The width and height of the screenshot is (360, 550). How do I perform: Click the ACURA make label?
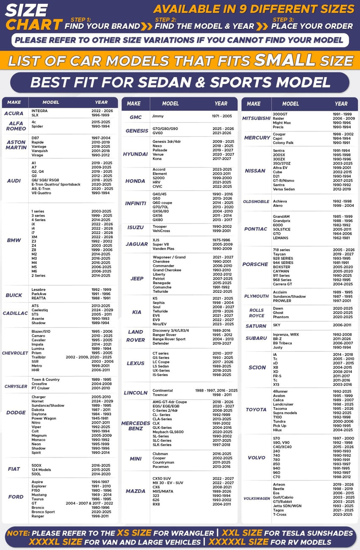coord(14,113)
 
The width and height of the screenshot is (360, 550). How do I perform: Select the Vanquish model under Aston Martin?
coord(40,151)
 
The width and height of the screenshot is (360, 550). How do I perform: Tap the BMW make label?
coord(14,240)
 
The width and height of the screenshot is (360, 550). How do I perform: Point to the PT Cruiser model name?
coord(40,388)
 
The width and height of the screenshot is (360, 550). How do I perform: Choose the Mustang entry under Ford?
coord(39,494)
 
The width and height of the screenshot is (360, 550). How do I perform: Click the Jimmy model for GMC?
coord(158,116)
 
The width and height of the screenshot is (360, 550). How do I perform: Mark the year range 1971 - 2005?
coord(222,116)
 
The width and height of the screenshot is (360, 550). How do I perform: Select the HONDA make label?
coord(135,181)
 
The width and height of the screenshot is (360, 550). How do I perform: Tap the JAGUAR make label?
coord(136,244)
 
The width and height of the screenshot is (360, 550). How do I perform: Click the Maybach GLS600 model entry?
coord(169,432)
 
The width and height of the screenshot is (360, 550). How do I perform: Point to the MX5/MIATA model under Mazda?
coord(163,491)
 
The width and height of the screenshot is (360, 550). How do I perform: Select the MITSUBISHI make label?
coord(256,118)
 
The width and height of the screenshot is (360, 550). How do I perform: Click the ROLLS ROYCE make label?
coord(256,313)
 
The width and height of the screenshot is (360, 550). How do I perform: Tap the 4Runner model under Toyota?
coord(280,392)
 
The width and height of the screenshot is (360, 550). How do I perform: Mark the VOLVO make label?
coord(256,458)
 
